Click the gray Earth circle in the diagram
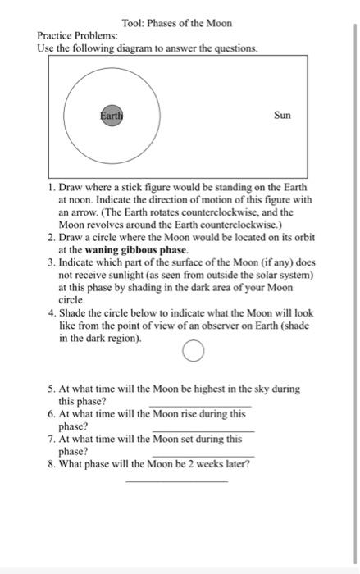[112, 116]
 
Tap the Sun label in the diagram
[282, 116]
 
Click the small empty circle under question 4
[192, 353]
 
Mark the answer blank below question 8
[177, 480]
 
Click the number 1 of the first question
[51, 176]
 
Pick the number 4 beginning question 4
[51, 312]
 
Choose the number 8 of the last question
[51, 463]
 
